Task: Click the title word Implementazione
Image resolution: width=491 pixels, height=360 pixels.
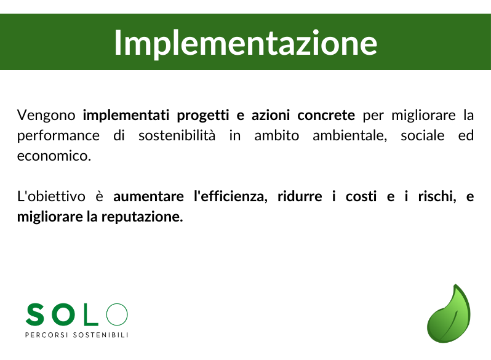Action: tap(245, 43)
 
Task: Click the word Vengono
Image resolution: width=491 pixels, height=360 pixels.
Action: tap(46, 116)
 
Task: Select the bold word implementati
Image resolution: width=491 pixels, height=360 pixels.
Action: tap(126, 116)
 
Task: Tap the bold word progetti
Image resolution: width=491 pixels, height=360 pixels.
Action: tap(203, 116)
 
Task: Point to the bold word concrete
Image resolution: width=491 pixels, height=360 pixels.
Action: tap(326, 115)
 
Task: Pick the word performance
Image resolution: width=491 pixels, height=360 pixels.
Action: tap(58, 136)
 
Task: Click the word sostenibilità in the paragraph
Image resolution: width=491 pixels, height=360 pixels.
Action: tap(177, 135)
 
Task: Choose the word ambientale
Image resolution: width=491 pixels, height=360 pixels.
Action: tap(349, 135)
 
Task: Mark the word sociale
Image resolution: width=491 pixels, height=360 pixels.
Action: tap(423, 135)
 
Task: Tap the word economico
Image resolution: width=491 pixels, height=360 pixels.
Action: tap(54, 156)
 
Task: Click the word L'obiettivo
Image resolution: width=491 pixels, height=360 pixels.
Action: tap(51, 196)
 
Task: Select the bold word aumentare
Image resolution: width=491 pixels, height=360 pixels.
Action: tap(148, 197)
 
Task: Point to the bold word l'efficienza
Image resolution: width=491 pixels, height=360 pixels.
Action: tap(231, 196)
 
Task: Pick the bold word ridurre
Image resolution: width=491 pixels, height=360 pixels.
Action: tap(300, 196)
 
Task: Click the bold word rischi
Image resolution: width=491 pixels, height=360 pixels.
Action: tap(437, 196)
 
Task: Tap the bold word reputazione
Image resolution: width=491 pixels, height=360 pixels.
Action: tap(142, 217)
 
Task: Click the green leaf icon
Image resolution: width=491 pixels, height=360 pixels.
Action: tap(449, 313)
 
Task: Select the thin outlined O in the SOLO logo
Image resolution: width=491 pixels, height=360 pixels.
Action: tap(117, 314)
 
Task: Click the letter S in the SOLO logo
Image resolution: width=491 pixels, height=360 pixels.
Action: tap(35, 314)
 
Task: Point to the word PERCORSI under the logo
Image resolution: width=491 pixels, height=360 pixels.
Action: tap(46, 335)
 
